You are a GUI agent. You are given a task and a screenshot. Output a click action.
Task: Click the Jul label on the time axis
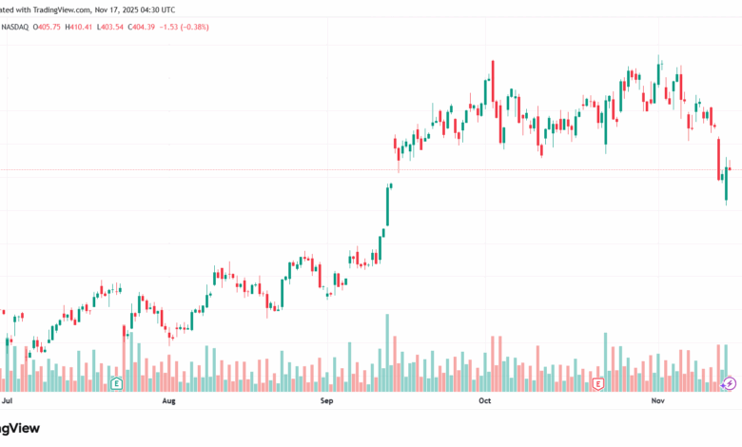(8, 401)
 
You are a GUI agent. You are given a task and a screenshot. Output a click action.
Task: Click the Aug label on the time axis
(169, 401)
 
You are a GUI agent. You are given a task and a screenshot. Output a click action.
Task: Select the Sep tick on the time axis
(327, 401)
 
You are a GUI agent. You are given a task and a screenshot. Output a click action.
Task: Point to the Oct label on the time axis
(484, 401)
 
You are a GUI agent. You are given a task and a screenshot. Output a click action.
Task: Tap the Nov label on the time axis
(657, 401)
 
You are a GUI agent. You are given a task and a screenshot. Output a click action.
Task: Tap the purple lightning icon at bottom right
(730, 383)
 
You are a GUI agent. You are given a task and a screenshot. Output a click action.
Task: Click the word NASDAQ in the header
(15, 27)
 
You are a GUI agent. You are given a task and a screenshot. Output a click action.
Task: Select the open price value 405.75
(49, 27)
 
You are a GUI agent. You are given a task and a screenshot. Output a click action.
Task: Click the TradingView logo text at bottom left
(21, 429)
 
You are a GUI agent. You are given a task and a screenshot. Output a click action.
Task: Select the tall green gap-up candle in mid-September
(387, 205)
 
